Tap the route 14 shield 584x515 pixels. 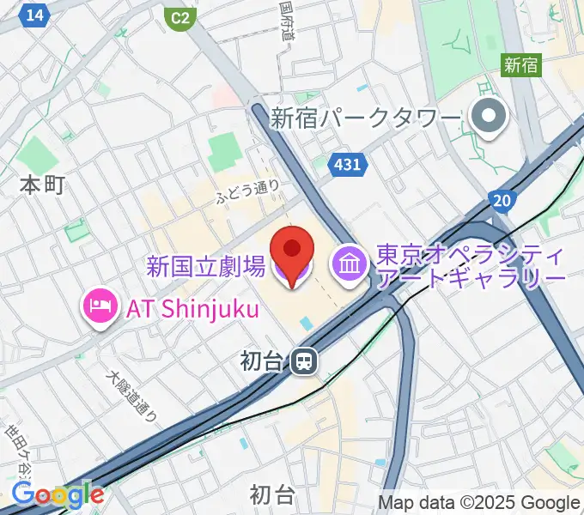click(x=35, y=15)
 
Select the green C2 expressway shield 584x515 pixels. click(x=179, y=17)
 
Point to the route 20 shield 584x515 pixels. click(x=503, y=199)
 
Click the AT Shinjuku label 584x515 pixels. click(x=192, y=308)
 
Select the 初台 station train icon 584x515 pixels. click(x=304, y=361)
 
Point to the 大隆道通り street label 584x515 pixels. click(x=131, y=396)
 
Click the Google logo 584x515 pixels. click(x=58, y=495)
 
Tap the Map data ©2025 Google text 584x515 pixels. click(x=479, y=502)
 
